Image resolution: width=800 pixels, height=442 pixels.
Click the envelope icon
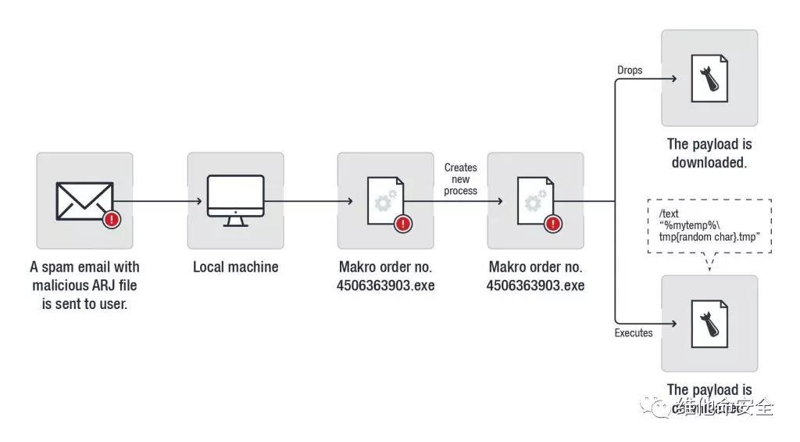[84, 201]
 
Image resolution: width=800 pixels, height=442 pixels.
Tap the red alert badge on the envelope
[112, 219]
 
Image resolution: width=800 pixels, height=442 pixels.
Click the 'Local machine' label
[235, 267]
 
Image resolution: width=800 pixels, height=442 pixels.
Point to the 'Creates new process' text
[461, 179]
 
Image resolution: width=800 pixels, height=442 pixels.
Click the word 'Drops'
[630, 70]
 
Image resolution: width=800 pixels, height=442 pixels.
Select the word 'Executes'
[634, 332]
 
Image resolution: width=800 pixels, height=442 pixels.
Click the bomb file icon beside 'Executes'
[709, 323]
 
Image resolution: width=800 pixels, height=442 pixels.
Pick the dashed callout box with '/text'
[709, 226]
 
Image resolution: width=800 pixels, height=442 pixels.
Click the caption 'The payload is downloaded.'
[709, 153]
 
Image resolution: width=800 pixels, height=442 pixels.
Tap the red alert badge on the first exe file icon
[403, 224]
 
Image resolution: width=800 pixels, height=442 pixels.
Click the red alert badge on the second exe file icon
[553, 224]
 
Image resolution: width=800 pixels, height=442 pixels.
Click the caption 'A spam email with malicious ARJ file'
[84, 276]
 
